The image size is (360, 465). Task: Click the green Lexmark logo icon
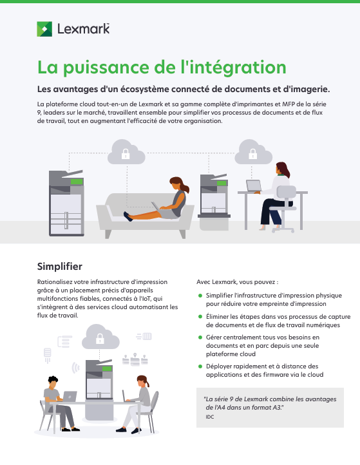[x=44, y=29]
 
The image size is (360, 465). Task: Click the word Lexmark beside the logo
[x=83, y=29]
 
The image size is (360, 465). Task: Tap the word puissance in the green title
[x=106, y=68]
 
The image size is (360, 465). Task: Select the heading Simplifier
[x=60, y=266]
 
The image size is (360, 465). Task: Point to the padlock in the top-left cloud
[x=126, y=154]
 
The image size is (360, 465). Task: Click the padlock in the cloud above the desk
[x=252, y=154]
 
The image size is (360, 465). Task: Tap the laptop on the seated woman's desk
[x=254, y=185]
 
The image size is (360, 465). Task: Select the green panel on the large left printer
[x=77, y=182]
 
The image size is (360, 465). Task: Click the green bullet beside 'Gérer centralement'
[x=200, y=337]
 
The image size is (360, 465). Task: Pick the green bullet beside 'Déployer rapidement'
[x=200, y=366]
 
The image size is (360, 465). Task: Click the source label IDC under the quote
[x=210, y=417]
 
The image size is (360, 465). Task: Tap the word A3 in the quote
[x=277, y=408]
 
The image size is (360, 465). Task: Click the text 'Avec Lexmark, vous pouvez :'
[x=237, y=282]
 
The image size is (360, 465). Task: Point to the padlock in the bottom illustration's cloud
[x=100, y=339]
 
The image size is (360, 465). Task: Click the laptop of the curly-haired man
[x=70, y=396]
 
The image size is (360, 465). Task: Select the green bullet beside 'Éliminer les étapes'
[x=200, y=316]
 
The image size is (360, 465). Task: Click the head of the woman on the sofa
[x=177, y=184]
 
